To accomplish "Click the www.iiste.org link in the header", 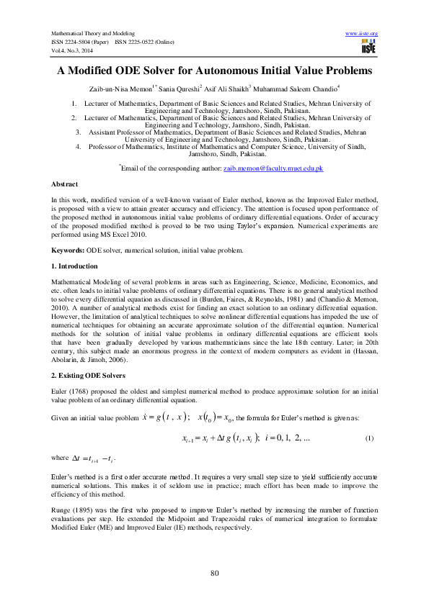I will pyautogui.click(x=362, y=34).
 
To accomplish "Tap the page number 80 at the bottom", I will pyautogui.click(x=214, y=572).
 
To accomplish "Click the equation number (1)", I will pyautogui.click(x=369, y=438).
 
